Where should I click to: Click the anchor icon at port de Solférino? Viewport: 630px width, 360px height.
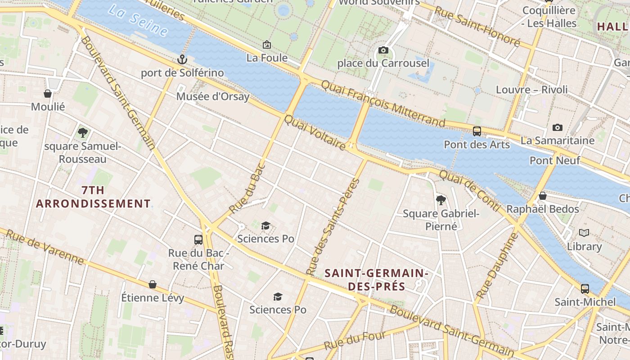[182, 59]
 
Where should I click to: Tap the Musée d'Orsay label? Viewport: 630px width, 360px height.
[212, 96]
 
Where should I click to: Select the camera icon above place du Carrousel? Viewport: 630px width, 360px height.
[383, 50]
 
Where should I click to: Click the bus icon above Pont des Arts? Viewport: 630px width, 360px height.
[477, 131]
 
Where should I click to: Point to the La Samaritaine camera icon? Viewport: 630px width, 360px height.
[557, 128]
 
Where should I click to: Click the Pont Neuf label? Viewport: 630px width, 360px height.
[554, 160]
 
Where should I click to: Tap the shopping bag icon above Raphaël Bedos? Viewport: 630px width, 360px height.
[543, 196]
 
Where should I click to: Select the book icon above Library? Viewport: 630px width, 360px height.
[584, 233]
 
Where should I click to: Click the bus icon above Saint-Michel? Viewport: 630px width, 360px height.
[585, 288]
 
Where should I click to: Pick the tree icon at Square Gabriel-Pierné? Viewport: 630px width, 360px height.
[441, 200]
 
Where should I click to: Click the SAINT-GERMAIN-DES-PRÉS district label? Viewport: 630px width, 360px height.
[376, 279]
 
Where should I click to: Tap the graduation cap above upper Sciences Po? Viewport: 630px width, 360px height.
[266, 225]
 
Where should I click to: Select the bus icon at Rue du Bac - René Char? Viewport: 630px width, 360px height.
[198, 239]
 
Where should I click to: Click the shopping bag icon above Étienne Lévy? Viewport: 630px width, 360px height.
[153, 284]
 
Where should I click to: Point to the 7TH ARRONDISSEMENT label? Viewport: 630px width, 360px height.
[93, 197]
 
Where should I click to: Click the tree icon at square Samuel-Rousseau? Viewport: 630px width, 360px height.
[82, 133]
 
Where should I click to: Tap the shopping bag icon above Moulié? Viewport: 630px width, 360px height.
[48, 94]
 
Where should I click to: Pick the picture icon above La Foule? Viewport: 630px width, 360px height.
[266, 45]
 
